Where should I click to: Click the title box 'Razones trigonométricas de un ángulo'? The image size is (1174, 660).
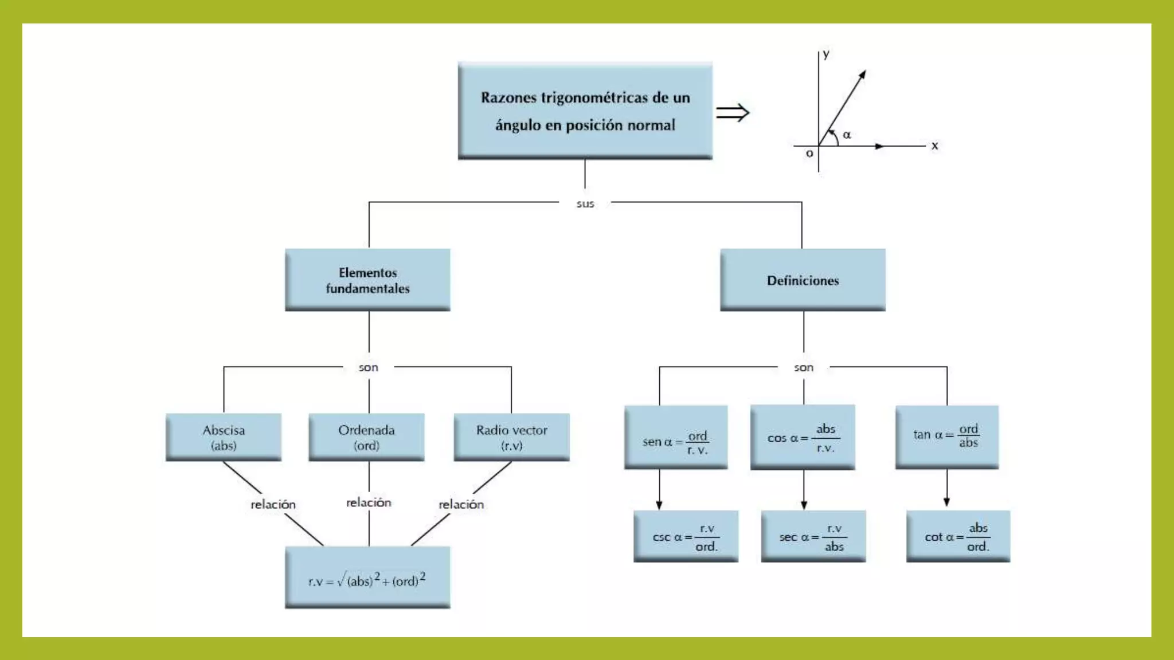[x=585, y=111]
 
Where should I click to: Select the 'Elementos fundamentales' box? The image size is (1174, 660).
[x=367, y=280]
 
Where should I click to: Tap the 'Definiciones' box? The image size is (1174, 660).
[x=803, y=280]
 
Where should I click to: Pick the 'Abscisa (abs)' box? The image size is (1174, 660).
[x=224, y=437]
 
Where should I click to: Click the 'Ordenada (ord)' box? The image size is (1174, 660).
[x=366, y=437]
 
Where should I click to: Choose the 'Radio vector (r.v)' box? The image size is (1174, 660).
[x=512, y=437]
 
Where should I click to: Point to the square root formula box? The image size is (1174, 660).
[x=367, y=577]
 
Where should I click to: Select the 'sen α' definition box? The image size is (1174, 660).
[x=676, y=438]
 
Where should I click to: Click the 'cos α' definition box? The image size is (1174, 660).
[x=803, y=438]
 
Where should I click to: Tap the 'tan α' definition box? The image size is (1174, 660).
[x=947, y=438]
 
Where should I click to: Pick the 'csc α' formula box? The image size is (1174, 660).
[x=686, y=536]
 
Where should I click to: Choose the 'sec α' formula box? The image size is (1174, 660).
[x=813, y=536]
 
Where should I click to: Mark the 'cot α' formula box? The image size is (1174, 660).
[x=958, y=536]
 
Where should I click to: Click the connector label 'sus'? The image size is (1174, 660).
[x=585, y=204]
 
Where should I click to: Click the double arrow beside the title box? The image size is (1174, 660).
[x=733, y=112]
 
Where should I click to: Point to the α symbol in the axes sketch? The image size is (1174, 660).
[x=847, y=135]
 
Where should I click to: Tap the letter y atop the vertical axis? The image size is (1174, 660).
[x=826, y=54]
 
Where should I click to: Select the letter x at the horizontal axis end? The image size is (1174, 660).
[x=935, y=146]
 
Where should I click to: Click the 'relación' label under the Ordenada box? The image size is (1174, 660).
[x=369, y=502]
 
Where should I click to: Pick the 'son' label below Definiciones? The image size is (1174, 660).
[x=804, y=368]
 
